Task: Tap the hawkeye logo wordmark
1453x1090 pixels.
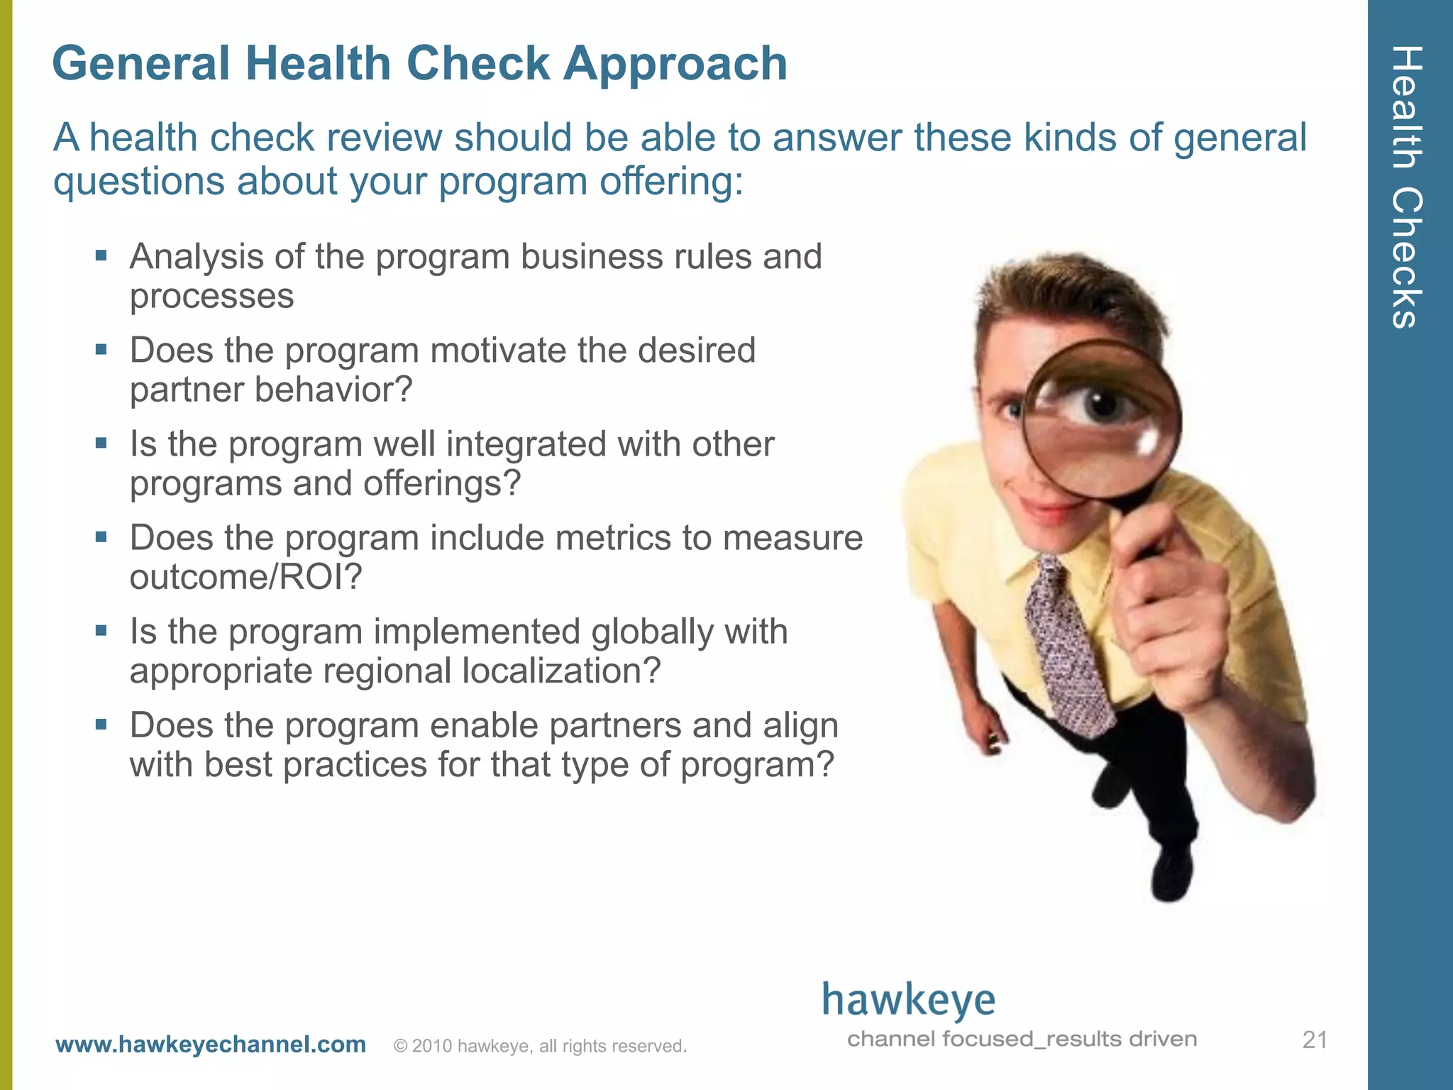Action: (x=908, y=1001)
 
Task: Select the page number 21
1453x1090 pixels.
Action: (x=1315, y=1040)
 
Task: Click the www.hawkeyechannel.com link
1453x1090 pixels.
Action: (x=211, y=1045)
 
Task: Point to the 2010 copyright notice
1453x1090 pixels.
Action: (x=540, y=1046)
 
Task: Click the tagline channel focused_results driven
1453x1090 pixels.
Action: (x=1022, y=1039)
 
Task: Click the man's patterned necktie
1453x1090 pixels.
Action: (x=1064, y=639)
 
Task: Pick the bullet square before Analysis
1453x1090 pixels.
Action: (x=101, y=255)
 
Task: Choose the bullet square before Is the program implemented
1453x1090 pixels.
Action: (x=101, y=630)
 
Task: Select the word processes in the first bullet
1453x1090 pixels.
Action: (x=211, y=296)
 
